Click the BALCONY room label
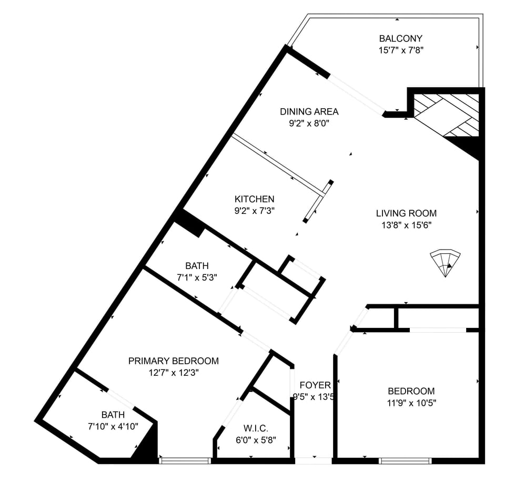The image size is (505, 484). pos(400,38)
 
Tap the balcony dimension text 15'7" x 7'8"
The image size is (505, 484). pos(401,50)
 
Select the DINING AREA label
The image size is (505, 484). pos(309,111)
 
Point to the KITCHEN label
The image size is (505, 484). pos(255,199)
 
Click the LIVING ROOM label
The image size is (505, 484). pos(407,213)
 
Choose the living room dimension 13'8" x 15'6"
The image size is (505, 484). pos(407,225)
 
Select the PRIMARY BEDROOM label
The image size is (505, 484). pos(174,361)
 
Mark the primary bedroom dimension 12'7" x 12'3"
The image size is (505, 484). pos(174,373)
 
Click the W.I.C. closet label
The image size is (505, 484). pos(256,428)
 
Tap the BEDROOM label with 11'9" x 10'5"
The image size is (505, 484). pos(411,391)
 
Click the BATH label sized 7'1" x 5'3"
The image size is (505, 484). pos(197,266)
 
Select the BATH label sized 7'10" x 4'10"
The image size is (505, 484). pos(113,415)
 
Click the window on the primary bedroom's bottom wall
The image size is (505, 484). pos(185,461)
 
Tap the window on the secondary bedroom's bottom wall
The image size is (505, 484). pos(405,461)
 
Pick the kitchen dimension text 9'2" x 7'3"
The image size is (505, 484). pos(255,211)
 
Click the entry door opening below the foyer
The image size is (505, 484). pos(314,461)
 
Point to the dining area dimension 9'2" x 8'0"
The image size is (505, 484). pos(309,123)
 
